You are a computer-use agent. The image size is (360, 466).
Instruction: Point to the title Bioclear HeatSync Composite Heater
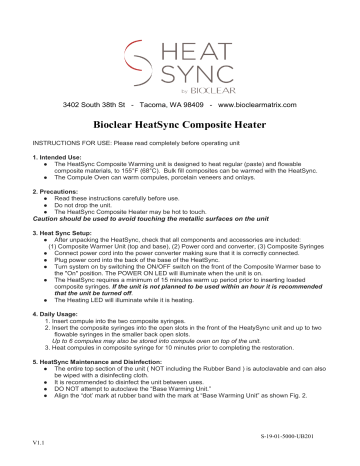pyautogui.click(x=179, y=128)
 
